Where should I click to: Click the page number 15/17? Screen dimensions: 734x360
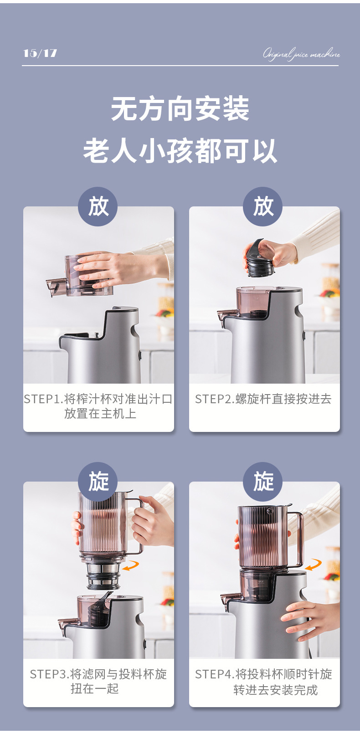pyautogui.click(x=40, y=53)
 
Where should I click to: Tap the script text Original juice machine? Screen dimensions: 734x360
pyautogui.click(x=301, y=54)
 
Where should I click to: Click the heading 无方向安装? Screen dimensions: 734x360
pyautogui.click(x=180, y=109)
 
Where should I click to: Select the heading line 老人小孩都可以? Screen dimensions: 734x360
pyautogui.click(x=180, y=151)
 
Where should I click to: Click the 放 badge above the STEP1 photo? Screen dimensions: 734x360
pyautogui.click(x=98, y=206)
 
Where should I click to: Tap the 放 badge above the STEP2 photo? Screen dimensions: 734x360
pyautogui.click(x=263, y=206)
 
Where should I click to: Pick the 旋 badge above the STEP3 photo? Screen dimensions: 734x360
pyautogui.click(x=98, y=482)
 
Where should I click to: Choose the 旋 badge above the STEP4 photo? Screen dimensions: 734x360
pyautogui.click(x=263, y=482)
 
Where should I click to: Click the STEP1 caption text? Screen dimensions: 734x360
pyautogui.click(x=98, y=406)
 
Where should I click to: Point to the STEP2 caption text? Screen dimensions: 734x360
pyautogui.click(x=263, y=399)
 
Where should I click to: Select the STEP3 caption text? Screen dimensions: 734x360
pyautogui.click(x=98, y=682)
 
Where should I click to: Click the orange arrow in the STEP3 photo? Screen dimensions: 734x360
pyautogui.click(x=131, y=565)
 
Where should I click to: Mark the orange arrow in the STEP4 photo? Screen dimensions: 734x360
pyautogui.click(x=314, y=565)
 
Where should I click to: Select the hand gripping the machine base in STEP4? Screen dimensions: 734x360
pyautogui.click(x=310, y=617)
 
